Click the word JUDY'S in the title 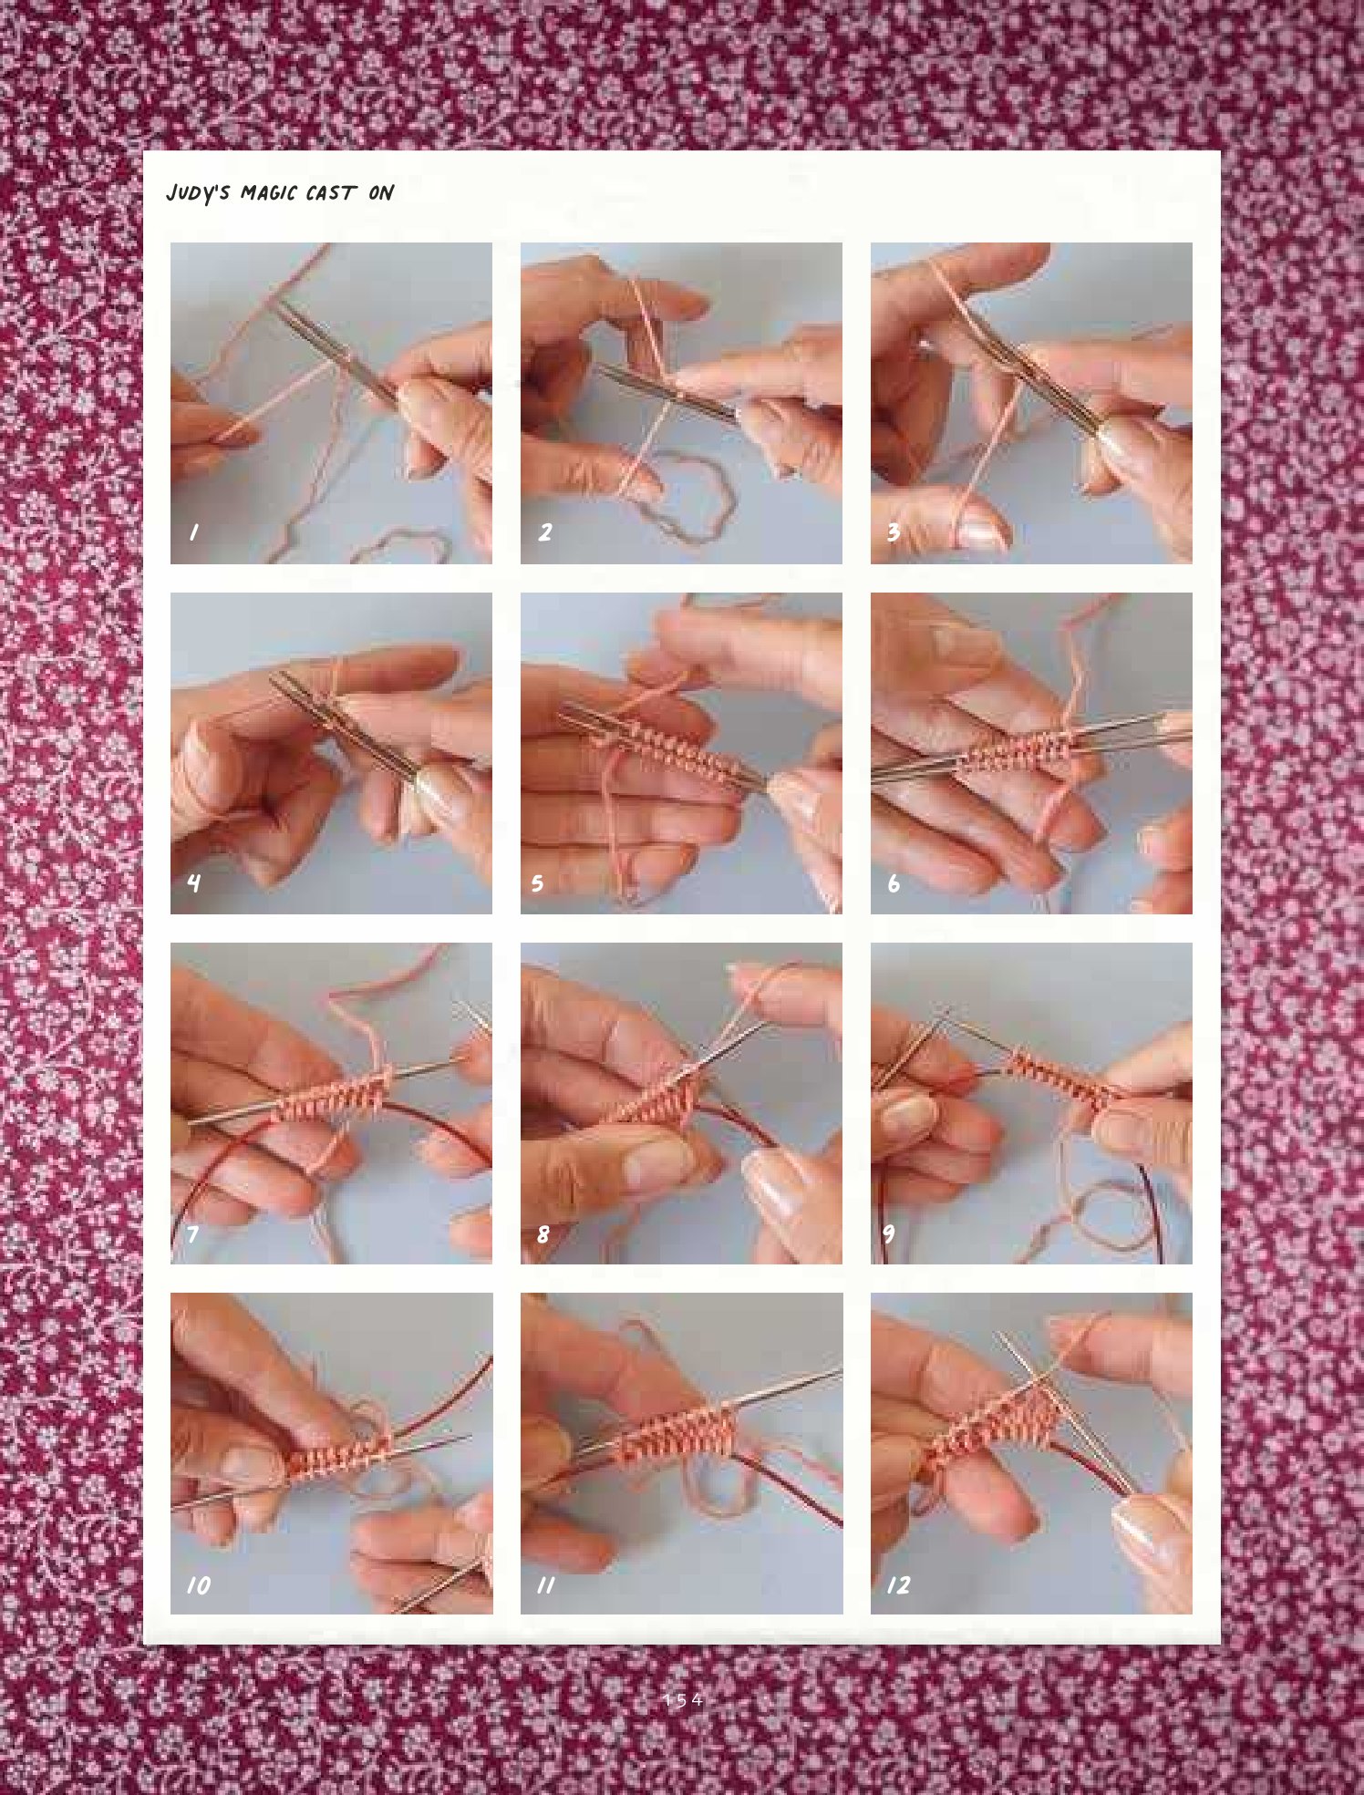198,193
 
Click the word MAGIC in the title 269,193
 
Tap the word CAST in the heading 330,192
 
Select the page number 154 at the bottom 683,1699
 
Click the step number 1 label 193,532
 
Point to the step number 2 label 545,532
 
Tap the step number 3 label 894,532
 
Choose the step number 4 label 193,882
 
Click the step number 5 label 537,882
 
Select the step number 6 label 894,882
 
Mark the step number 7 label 192,1234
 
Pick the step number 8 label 543,1234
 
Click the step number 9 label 889,1233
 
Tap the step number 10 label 199,1585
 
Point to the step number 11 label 545,1585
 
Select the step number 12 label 899,1584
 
